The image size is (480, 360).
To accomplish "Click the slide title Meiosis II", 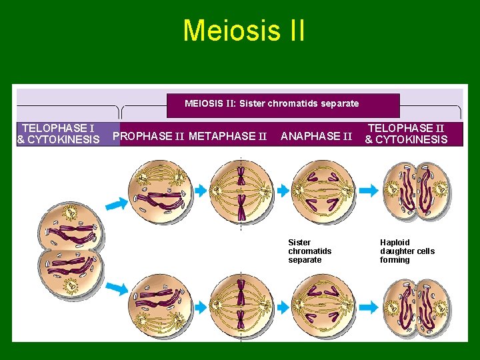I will point(243,31).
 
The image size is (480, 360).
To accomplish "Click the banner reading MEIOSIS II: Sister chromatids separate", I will point(271,103).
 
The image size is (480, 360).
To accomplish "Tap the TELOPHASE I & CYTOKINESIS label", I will point(58,133).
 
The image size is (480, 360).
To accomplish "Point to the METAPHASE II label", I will point(228,137).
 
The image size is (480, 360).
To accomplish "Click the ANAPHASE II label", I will point(316,137).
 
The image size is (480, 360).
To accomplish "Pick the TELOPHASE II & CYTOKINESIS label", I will point(406,133).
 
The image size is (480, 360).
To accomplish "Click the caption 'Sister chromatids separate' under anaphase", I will point(309,251).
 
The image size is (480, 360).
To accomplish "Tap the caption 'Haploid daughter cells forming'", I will point(407,251).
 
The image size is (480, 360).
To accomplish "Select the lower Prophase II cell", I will point(161,303).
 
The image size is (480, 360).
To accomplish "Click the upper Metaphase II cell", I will point(241,191).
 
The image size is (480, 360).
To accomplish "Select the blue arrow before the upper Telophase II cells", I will point(369,191).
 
